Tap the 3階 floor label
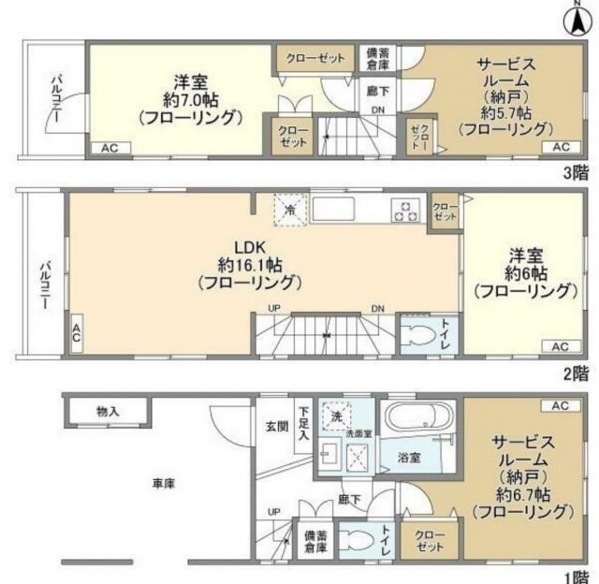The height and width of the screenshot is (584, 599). (x=575, y=173)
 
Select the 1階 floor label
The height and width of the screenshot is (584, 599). (x=575, y=575)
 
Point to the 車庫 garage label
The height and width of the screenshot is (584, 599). (x=165, y=484)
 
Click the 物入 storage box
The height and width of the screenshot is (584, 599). (x=108, y=410)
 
